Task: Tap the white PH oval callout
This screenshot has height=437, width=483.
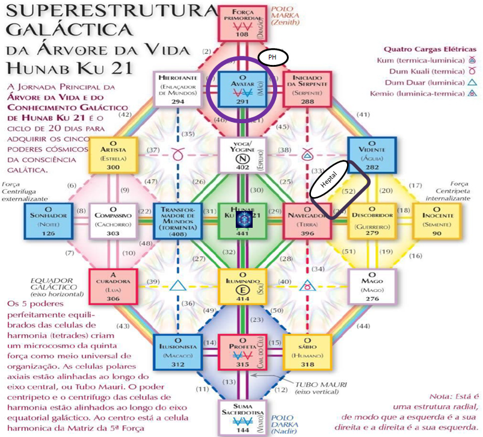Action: click(x=273, y=57)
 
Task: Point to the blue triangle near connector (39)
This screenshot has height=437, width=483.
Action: click(x=176, y=286)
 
